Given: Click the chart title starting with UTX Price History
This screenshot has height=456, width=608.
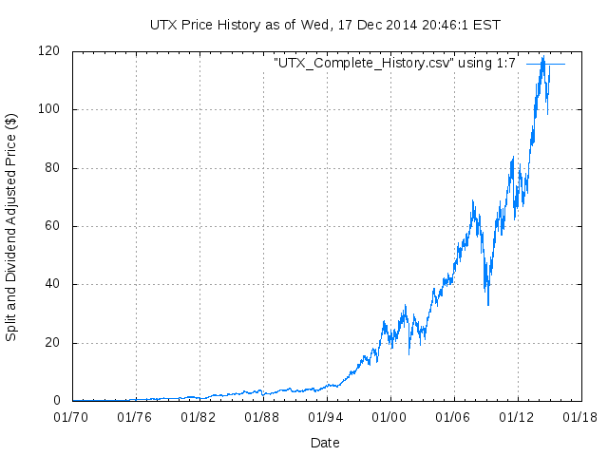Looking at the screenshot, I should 325,23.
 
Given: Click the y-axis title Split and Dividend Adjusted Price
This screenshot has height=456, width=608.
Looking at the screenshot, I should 11,227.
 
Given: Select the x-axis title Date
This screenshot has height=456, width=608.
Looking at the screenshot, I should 325,442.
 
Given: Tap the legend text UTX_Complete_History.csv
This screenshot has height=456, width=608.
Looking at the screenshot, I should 394,63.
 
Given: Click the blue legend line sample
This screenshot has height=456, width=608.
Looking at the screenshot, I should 545,64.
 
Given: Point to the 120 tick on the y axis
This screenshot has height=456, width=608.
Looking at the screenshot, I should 50,51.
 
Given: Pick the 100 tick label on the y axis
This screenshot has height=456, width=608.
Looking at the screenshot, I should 50,109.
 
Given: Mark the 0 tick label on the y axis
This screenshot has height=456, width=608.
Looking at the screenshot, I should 58,401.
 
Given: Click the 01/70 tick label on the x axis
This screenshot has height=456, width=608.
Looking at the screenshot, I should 72,416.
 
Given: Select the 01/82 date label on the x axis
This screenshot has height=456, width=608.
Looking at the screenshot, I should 199,416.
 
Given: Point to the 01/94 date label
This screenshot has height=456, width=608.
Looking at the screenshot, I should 326,416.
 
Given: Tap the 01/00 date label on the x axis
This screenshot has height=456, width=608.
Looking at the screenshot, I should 389,416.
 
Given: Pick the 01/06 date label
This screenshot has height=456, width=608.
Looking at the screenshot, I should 453,416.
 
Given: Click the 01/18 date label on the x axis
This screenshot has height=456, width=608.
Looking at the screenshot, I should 579,416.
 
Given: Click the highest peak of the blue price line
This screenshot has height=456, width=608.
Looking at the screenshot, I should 542,57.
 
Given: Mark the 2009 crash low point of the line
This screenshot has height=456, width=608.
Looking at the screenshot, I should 488,305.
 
